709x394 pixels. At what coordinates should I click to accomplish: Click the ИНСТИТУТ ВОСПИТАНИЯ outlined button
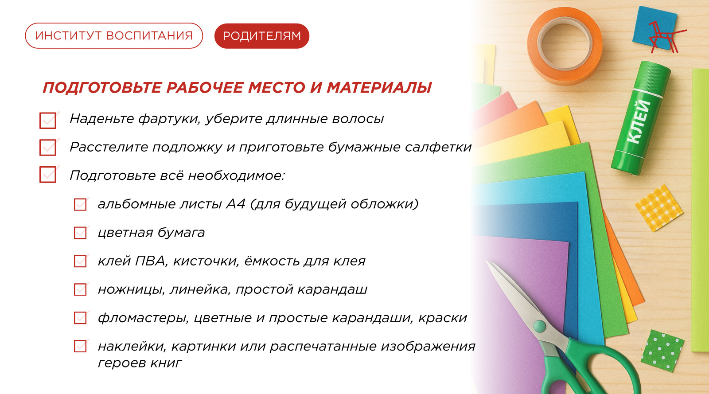[114, 35]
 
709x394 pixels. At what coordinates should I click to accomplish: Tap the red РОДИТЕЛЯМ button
[262, 36]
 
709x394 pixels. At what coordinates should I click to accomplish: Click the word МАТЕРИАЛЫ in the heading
[379, 88]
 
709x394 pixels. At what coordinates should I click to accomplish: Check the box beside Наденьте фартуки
[48, 120]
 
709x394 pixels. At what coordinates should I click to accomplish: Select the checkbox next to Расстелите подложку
[48, 148]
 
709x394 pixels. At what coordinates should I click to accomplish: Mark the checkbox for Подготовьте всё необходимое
[48, 174]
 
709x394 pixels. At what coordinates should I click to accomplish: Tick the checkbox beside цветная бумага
[80, 233]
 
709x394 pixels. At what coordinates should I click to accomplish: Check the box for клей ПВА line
[80, 261]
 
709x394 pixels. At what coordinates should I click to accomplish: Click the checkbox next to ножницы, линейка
[80, 289]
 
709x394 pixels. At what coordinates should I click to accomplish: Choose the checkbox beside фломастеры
[80, 318]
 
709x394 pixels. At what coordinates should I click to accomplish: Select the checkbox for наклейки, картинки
[80, 346]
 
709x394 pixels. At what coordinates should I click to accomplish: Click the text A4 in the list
[236, 204]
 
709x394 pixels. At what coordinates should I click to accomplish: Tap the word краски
[443, 318]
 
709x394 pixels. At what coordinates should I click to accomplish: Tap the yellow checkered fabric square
[659, 208]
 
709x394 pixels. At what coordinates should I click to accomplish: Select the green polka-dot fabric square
[662, 351]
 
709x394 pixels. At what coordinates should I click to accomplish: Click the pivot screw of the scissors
[539, 326]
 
